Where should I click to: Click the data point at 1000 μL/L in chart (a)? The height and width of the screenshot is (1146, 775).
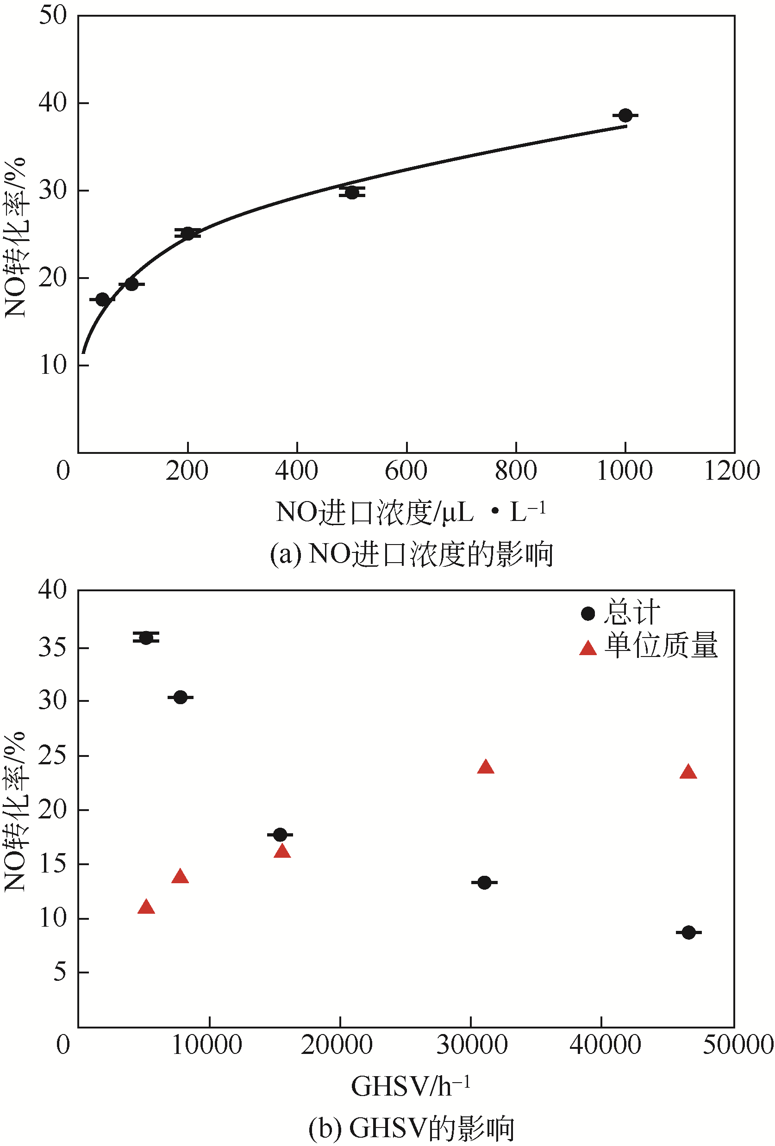point(625,115)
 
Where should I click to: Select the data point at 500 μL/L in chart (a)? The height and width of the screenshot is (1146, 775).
point(352,192)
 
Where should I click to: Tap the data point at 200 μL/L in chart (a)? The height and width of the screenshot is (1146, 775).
point(188,233)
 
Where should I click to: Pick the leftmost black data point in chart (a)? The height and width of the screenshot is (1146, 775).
point(102,299)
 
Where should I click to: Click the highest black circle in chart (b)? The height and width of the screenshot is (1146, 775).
point(146,638)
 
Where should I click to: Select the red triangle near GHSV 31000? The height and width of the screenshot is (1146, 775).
point(486,767)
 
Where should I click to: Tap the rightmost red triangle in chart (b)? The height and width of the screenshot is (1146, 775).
point(688,772)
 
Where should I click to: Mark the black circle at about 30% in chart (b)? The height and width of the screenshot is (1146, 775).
point(181,697)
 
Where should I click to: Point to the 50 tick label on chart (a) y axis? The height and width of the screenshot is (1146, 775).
point(53,15)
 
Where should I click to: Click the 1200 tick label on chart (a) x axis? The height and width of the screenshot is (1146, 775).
point(731,471)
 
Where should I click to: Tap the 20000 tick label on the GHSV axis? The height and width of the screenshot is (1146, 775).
point(337,1044)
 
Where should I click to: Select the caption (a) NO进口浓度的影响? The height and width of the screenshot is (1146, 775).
point(412,554)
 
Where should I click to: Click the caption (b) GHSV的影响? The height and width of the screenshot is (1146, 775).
point(412,1128)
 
